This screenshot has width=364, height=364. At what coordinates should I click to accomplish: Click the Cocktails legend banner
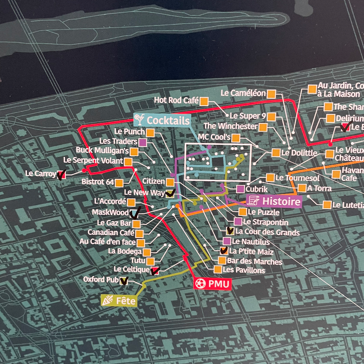pyautogui.click(x=162, y=120)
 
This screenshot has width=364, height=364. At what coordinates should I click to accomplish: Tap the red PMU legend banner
pyautogui.click(x=212, y=283)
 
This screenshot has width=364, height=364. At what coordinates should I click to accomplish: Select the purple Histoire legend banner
pyautogui.click(x=275, y=201)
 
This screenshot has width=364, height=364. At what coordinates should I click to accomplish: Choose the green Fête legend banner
pyautogui.click(x=119, y=301)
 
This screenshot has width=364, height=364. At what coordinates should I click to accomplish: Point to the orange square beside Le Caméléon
pyautogui.click(x=271, y=94)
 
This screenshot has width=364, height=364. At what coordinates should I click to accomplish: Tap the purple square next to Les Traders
pyautogui.click(x=143, y=142)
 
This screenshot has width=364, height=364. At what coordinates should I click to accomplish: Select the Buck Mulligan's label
pyautogui.click(x=102, y=150)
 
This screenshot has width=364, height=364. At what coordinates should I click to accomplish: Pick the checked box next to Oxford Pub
pyautogui.click(x=124, y=280)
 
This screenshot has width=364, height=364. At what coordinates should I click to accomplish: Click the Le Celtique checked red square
pyautogui.click(x=155, y=270)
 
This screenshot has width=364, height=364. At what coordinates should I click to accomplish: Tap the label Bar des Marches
pyautogui.click(x=254, y=261)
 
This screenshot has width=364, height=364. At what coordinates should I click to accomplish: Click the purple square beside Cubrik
pyautogui.click(x=240, y=189)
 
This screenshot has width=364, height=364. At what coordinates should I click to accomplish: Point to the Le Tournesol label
pyautogui.click(x=297, y=178)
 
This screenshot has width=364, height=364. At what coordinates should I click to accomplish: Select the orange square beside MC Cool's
pyautogui.click(x=236, y=138)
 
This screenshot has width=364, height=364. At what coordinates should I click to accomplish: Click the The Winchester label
pyautogui.click(x=230, y=126)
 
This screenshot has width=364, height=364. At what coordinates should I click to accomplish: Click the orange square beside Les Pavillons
pyautogui.click(x=218, y=269)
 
